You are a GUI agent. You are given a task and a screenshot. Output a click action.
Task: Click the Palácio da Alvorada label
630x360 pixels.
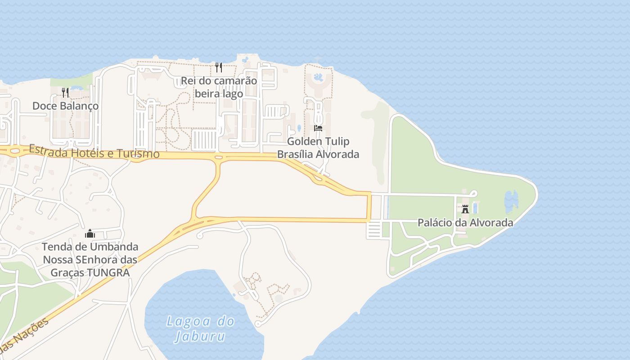coord(465,222)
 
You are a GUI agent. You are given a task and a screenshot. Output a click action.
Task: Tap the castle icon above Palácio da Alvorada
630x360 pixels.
coord(465,209)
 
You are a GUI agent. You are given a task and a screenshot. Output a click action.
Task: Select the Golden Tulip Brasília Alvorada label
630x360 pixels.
coord(318,148)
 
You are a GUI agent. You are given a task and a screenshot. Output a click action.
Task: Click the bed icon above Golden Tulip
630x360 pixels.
coord(318,128)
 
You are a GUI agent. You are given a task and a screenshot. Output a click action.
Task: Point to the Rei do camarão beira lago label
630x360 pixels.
coord(219,87)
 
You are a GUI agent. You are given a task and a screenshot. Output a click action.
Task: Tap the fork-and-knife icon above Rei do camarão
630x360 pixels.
coord(219,67)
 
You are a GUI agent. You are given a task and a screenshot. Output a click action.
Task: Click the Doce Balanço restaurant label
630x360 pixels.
coord(65,106)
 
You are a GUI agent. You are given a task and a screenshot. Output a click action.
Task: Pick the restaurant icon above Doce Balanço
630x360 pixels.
coord(65,93)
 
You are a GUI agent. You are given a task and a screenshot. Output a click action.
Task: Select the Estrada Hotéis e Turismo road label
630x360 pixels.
coord(94,151)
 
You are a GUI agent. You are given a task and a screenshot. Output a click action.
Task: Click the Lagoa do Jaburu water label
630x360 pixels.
coord(200,328)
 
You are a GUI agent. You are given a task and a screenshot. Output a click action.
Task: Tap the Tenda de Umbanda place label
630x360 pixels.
coord(90,260)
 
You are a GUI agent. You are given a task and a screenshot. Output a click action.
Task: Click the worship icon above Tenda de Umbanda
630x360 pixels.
coord(90,234)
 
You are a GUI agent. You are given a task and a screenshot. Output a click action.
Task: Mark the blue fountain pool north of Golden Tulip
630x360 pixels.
coord(319,77)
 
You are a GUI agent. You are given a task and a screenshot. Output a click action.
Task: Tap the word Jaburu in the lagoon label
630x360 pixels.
coord(200,337)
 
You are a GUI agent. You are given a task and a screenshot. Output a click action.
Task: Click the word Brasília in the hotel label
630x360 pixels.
coord(295,154)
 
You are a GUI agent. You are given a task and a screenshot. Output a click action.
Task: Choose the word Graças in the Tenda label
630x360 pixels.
coord(67,273)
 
